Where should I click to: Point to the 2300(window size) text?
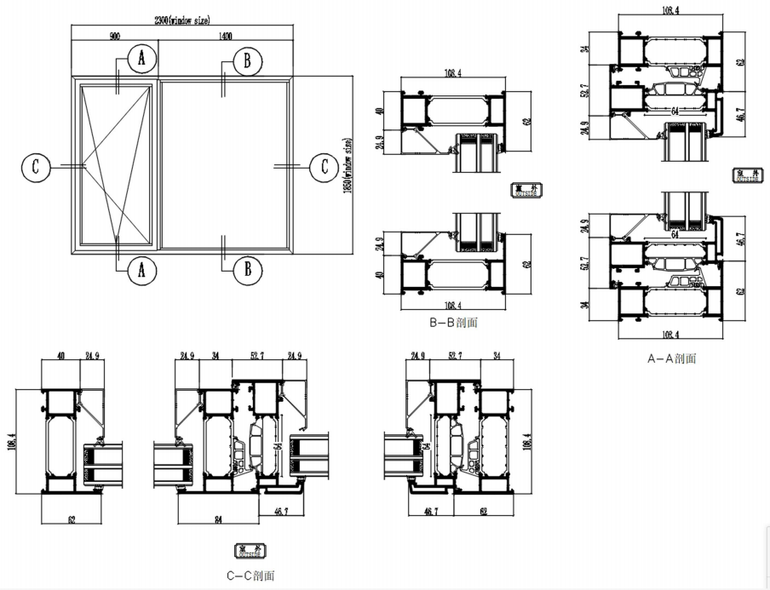click(181, 20)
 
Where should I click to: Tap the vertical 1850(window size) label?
click(347, 166)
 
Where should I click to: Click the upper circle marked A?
click(141, 59)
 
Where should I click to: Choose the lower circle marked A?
click(141, 270)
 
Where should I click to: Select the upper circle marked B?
click(247, 60)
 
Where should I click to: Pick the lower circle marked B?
click(247, 270)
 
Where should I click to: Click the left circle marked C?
click(36, 166)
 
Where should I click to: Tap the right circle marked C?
click(324, 166)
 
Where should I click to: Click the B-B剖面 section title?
click(455, 324)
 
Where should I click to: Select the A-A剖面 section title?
click(672, 358)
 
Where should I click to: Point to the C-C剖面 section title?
click(250, 576)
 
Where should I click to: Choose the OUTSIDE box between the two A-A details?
click(748, 176)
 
